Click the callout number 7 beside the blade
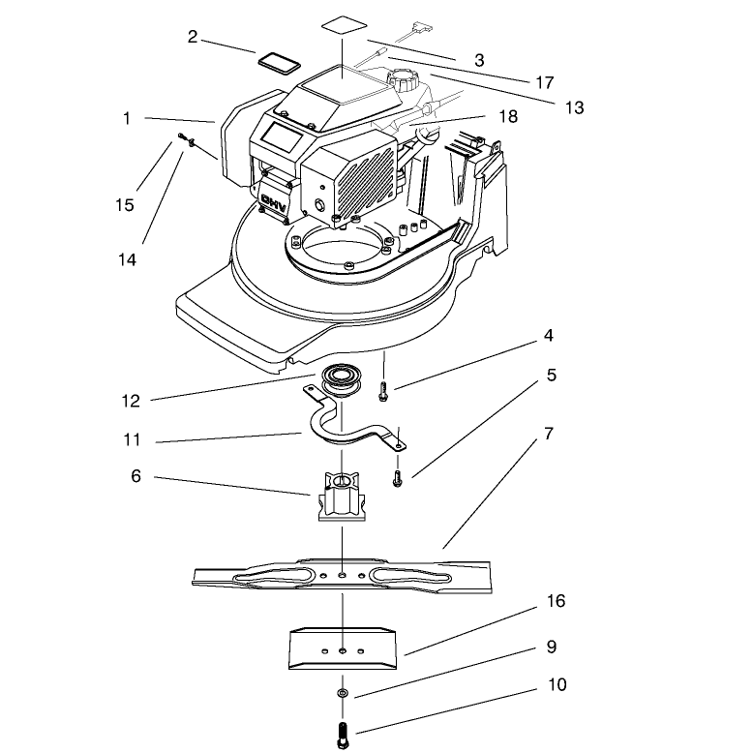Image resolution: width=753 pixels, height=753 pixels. tap(549, 434)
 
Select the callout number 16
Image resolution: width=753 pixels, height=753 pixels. tap(557, 601)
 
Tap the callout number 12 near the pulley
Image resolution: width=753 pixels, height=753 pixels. tap(131, 401)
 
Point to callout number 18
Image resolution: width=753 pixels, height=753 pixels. tap(508, 116)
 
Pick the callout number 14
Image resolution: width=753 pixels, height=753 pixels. tap(127, 259)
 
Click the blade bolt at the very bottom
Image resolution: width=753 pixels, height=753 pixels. tap(343, 735)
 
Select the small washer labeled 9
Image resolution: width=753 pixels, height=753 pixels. tap(343, 693)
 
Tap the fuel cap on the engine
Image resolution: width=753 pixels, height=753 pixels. tap(404, 79)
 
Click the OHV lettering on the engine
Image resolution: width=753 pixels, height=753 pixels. tap(274, 204)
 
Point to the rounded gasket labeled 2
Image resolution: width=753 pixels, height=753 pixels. tap(279, 63)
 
